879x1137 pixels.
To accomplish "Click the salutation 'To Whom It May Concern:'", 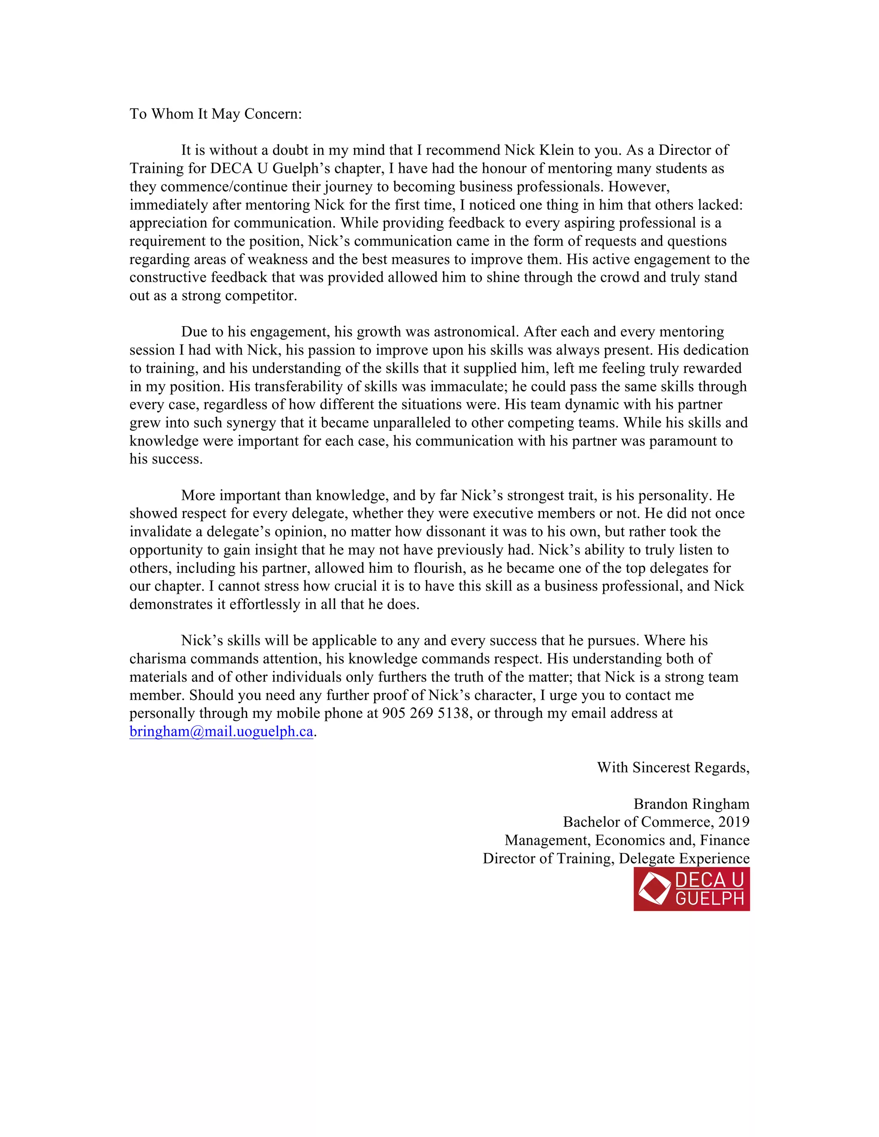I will [x=215, y=114].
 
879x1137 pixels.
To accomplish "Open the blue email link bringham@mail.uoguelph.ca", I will [x=221, y=732].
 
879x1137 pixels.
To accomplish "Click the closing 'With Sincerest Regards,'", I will [x=673, y=768].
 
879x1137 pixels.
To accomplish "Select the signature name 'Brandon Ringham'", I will [x=691, y=804].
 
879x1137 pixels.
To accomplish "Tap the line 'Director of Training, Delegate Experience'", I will [x=615, y=859].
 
